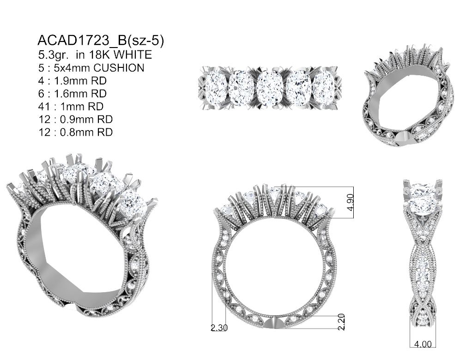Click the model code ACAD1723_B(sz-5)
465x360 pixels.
[x=101, y=41]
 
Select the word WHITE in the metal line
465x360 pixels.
[x=133, y=55]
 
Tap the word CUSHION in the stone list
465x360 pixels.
[x=119, y=68]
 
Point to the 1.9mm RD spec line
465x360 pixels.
[x=73, y=81]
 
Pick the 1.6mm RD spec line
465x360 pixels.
[x=73, y=94]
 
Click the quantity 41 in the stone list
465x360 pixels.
[x=44, y=106]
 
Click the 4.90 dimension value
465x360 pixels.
[x=350, y=202]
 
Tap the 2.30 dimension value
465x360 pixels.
[x=219, y=328]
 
